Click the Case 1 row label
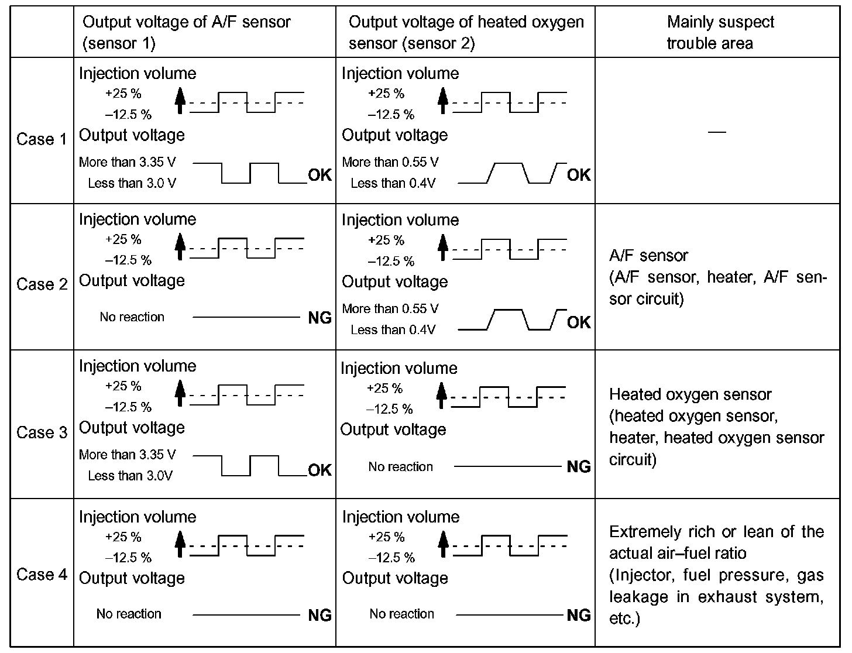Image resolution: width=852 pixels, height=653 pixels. (x=42, y=139)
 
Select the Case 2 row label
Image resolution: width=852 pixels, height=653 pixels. (x=42, y=284)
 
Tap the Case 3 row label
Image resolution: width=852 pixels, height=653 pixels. (x=42, y=432)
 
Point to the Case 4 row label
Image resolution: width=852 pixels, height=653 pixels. (x=42, y=575)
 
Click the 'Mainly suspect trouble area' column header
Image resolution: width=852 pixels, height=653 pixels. (x=720, y=33)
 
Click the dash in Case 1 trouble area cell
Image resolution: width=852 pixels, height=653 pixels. (x=717, y=132)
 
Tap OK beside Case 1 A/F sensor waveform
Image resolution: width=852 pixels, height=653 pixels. (x=319, y=175)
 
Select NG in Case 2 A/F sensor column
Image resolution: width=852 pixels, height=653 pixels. (x=319, y=318)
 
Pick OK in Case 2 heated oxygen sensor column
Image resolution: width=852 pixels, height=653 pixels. (x=579, y=322)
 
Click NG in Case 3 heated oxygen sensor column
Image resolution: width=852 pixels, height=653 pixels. (x=579, y=466)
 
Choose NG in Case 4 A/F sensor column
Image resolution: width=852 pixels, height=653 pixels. (x=319, y=615)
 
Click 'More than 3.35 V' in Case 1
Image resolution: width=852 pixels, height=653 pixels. (x=127, y=162)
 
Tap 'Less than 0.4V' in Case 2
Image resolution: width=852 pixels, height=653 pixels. (x=393, y=330)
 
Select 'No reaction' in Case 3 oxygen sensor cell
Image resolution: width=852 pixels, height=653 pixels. (x=401, y=467)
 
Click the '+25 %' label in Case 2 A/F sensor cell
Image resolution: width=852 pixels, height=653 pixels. (x=123, y=239)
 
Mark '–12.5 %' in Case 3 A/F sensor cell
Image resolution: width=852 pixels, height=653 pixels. (x=128, y=407)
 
